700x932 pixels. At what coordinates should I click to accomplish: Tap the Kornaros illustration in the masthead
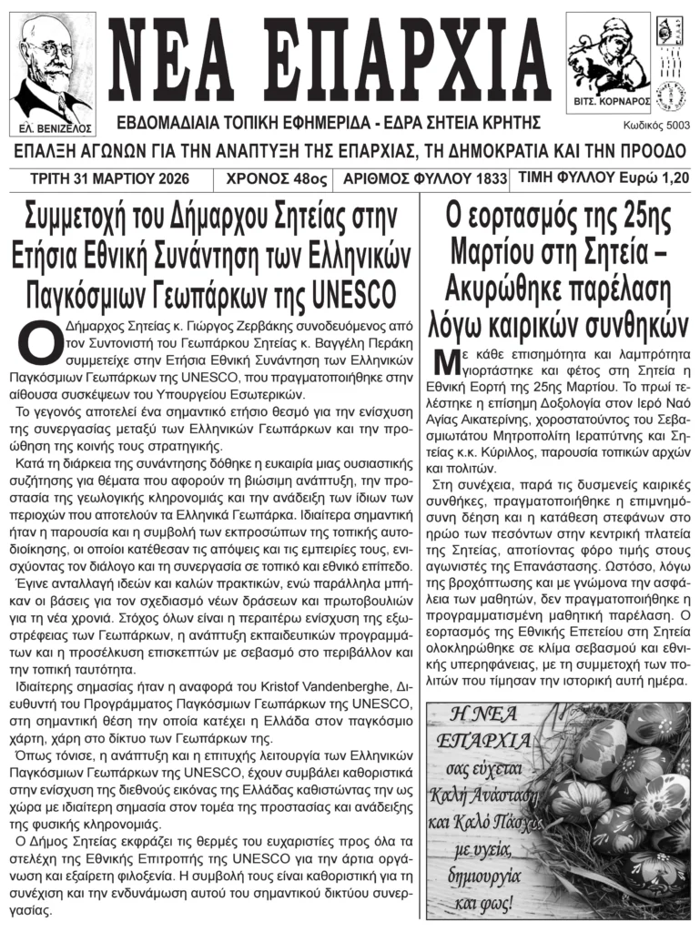(x=607, y=55)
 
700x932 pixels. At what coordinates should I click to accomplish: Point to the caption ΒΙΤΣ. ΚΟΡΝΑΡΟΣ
(x=608, y=104)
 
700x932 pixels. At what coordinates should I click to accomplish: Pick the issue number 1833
(x=490, y=179)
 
